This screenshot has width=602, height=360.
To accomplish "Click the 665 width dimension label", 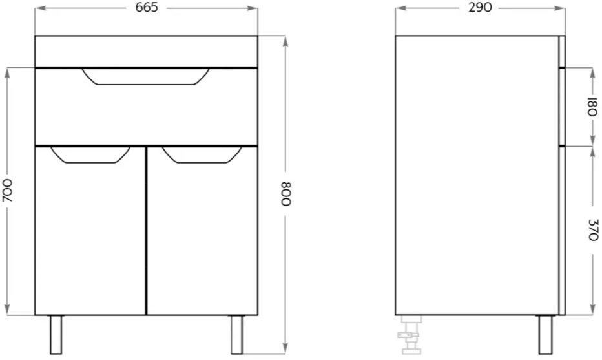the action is (x=146, y=7).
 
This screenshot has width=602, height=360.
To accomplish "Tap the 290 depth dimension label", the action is (x=480, y=7).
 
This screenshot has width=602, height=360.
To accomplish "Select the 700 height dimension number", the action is (x=7, y=191).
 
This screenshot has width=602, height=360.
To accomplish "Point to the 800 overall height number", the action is (x=286, y=194).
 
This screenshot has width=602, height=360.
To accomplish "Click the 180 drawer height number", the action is (x=593, y=107).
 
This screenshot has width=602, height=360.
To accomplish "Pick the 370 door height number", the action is (x=593, y=230).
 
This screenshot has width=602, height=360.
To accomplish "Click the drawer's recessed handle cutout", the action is (x=146, y=77).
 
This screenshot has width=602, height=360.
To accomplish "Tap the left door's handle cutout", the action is (x=90, y=155).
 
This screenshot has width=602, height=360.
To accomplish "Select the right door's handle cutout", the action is (x=202, y=155).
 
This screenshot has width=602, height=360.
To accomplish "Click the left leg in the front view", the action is (x=56, y=335).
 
